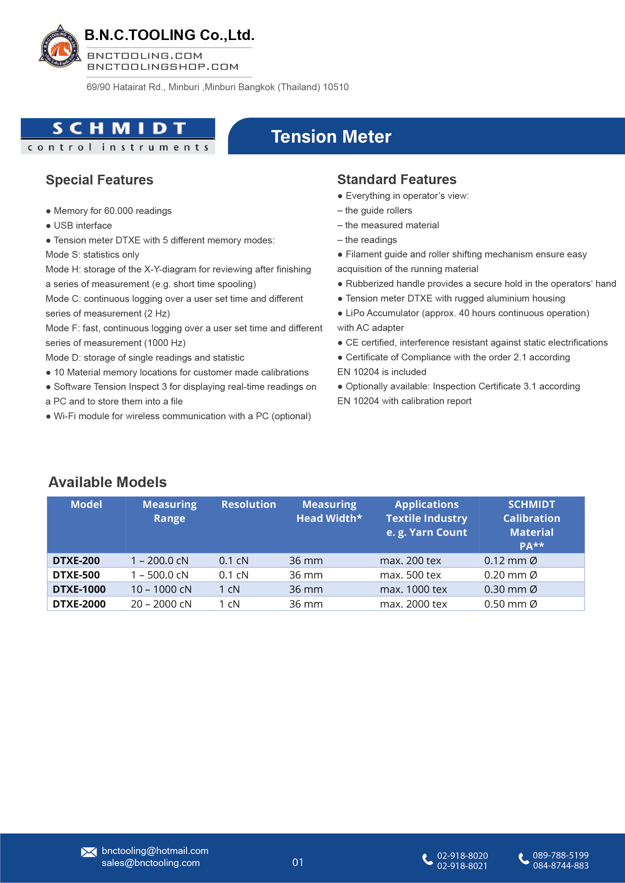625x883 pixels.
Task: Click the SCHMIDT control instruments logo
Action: pyautogui.click(x=118, y=136)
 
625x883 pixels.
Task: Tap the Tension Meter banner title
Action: pyautogui.click(x=331, y=137)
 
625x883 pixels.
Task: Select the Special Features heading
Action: pyautogui.click(x=99, y=180)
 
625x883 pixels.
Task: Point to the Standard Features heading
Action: pyautogui.click(x=397, y=180)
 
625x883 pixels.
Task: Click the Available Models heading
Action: pyautogui.click(x=107, y=482)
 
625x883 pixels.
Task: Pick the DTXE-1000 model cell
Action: pyautogui.click(x=79, y=589)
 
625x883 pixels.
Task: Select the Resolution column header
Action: pyautogui.click(x=248, y=504)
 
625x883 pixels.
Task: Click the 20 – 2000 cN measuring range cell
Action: pyautogui.click(x=161, y=604)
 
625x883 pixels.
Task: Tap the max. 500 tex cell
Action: pyautogui.click(x=410, y=575)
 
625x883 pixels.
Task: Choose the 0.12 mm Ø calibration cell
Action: pyautogui.click(x=510, y=560)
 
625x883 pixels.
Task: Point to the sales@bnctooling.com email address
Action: pyautogui.click(x=150, y=863)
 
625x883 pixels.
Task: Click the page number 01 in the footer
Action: pyautogui.click(x=298, y=862)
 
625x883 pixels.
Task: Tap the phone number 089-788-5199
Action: pyautogui.click(x=560, y=855)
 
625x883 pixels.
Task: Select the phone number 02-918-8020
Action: pyautogui.click(x=462, y=856)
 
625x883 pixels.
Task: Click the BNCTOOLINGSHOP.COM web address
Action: pyautogui.click(x=163, y=67)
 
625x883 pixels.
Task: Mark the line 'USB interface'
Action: pyautogui.click(x=83, y=225)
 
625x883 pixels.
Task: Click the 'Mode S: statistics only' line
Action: pyautogui.click(x=93, y=255)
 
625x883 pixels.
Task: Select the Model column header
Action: pyautogui.click(x=86, y=504)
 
